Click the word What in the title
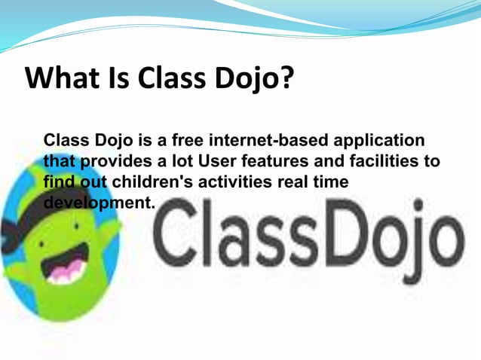[x=61, y=78]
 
